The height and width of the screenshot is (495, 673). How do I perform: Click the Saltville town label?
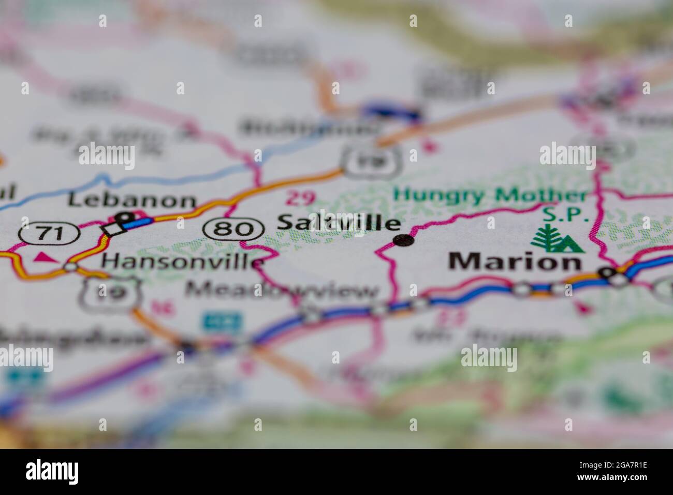(x=339, y=223)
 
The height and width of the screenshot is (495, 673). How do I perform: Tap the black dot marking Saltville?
(x=404, y=240)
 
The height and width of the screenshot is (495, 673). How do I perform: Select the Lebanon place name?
(x=133, y=200)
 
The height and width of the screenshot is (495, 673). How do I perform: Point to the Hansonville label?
(x=183, y=261)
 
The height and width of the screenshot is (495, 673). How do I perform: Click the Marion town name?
(x=515, y=261)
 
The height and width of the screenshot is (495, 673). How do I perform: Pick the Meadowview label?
(x=283, y=291)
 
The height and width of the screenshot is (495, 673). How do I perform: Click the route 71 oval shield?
(x=49, y=234)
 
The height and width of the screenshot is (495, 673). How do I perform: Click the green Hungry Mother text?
(x=490, y=196)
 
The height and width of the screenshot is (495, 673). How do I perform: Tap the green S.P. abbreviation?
(x=566, y=214)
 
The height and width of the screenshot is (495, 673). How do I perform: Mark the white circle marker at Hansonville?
(x=71, y=267)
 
